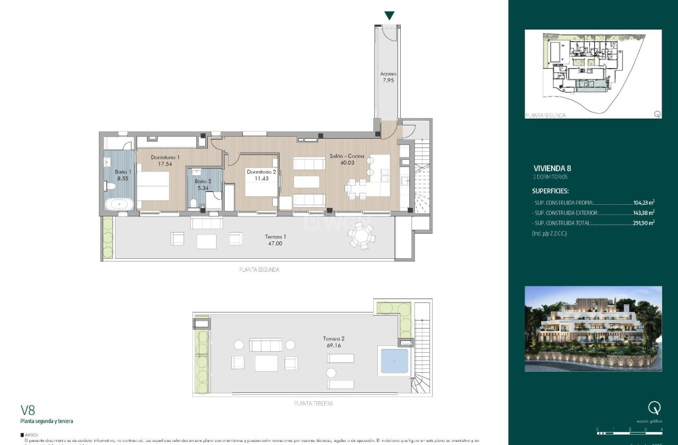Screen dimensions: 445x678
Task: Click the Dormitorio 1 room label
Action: [x=165, y=157]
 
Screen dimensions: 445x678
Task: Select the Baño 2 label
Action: [x=203, y=182]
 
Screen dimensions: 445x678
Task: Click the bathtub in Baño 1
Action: [x=120, y=204]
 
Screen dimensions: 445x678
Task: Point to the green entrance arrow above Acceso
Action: [x=389, y=15]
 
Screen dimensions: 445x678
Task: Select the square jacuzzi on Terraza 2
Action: [x=392, y=360]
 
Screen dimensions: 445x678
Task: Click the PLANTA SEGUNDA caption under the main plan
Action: [x=259, y=270]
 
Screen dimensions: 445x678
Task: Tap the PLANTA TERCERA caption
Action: [x=312, y=403]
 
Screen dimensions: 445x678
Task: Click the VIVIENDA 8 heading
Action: [x=552, y=168]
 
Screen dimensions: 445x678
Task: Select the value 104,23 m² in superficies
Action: [x=643, y=203]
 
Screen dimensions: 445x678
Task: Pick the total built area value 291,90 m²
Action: [x=643, y=223]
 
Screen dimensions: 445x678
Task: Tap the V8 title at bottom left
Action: [x=28, y=410]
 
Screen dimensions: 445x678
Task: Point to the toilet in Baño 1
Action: [x=110, y=186]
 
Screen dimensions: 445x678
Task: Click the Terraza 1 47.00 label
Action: [x=275, y=240]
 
